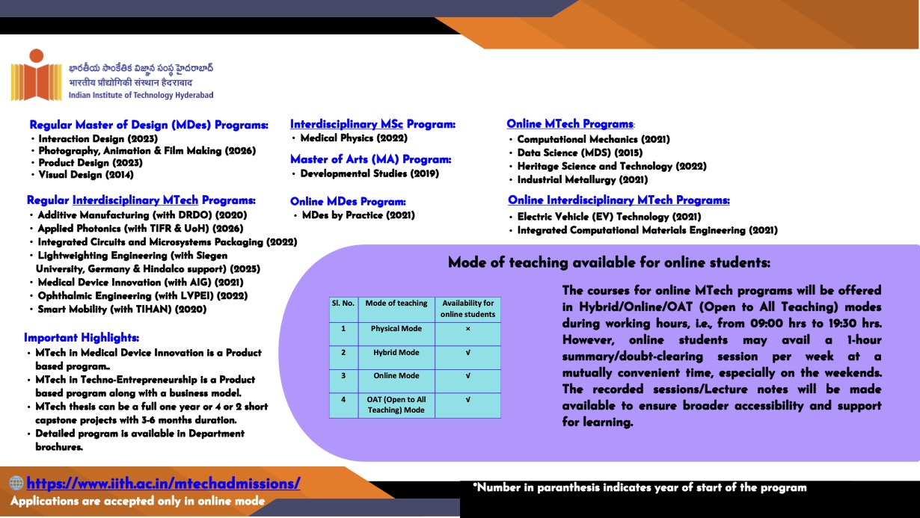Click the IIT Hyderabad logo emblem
point(36,75)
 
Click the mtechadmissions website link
point(163,483)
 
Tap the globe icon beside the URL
point(16,484)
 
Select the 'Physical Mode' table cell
point(396,329)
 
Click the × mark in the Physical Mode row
point(467,329)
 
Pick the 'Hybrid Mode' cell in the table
point(396,353)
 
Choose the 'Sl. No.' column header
point(343,303)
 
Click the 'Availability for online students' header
point(467,309)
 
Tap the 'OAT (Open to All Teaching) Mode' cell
point(396,404)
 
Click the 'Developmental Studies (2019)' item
point(369,173)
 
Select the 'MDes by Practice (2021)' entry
point(358,215)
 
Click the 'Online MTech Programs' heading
point(569,124)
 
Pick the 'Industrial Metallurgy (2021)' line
point(583,179)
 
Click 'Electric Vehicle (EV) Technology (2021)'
point(609,217)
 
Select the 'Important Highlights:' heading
point(82,337)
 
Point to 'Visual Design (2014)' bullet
point(86,175)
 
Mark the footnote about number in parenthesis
point(640,487)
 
